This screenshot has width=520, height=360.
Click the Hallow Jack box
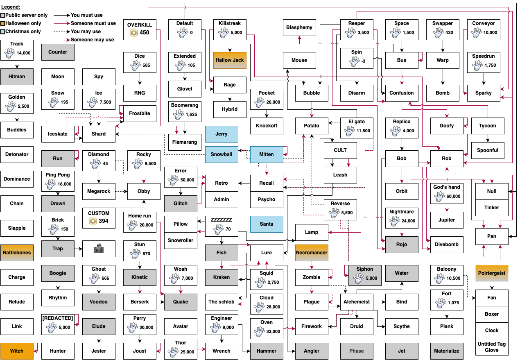point(230,60)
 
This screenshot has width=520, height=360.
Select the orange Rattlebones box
point(17,253)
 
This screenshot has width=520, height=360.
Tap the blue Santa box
point(267,224)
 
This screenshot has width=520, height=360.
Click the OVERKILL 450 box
point(140,29)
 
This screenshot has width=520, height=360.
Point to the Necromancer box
point(312,253)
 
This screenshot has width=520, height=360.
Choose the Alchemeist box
point(356,302)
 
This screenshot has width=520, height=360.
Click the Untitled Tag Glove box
point(492,347)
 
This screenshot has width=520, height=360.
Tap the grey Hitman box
point(17,77)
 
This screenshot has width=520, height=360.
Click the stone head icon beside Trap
point(99,248)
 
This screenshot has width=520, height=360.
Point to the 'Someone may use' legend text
point(92,40)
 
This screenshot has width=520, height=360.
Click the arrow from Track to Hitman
point(17,64)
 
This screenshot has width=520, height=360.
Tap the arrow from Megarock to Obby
point(121,191)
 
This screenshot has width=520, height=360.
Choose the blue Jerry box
point(222,134)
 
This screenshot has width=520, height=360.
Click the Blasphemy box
point(299,27)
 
